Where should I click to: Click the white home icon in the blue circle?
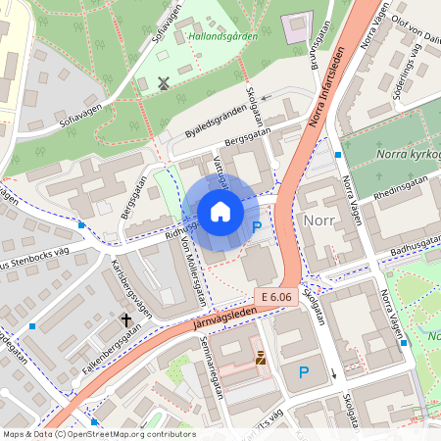coord(220,212)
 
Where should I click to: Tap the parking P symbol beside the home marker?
coord(257,226)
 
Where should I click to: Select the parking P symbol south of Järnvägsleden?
coord(304,371)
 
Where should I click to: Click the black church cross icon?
coord(125,319)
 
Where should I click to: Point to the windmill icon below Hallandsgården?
coord(164,83)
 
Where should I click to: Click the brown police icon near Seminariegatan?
coord(261,360)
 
